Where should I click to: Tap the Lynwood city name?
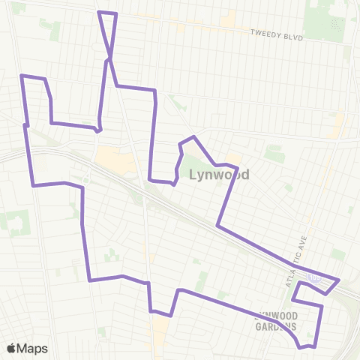pos(219,175)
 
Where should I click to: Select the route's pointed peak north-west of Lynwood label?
pos(194,136)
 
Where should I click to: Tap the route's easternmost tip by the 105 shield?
pos(339,281)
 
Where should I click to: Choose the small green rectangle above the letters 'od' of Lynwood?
pos(274,154)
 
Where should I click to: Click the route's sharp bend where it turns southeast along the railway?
pos(217,225)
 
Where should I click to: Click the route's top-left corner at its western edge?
pos(20,76)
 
